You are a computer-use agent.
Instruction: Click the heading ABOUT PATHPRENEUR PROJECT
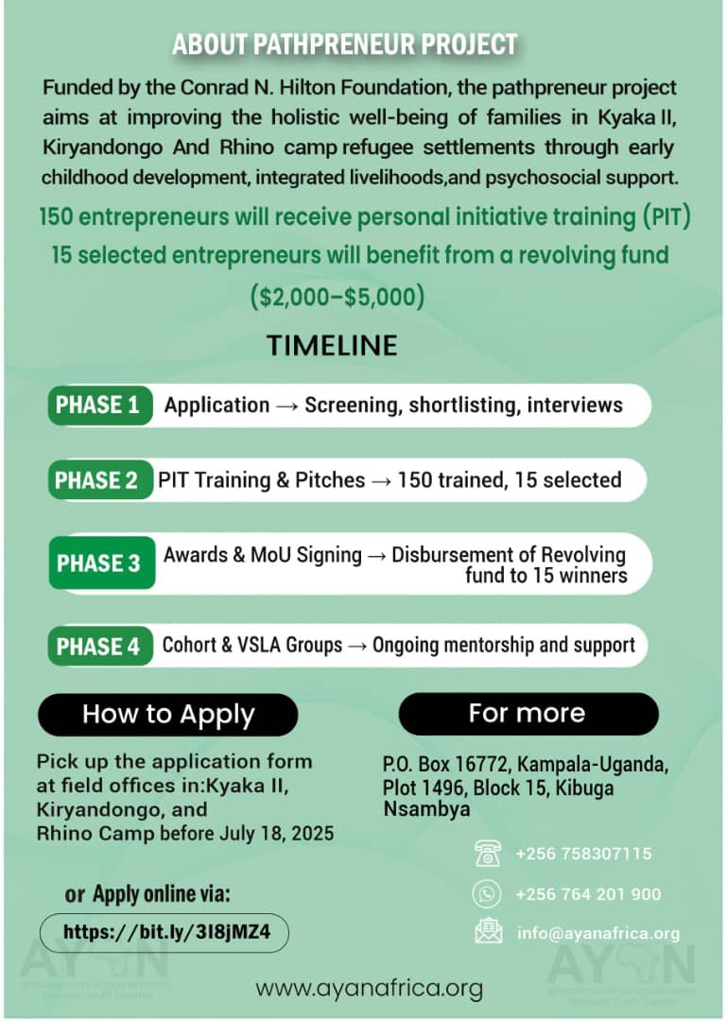pyautogui.click(x=344, y=44)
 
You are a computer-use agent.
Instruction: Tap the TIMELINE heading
pyautogui.click(x=332, y=346)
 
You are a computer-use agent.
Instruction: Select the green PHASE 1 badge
pyautogui.click(x=98, y=406)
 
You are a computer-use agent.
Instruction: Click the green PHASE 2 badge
pyautogui.click(x=97, y=480)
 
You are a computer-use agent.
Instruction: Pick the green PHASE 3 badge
pyautogui.click(x=99, y=563)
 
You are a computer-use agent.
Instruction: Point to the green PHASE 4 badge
pyautogui.click(x=98, y=647)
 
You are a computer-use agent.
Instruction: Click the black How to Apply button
pyautogui.click(x=168, y=714)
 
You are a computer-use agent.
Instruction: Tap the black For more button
pyautogui.click(x=528, y=713)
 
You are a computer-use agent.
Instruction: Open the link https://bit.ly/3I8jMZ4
pyautogui.click(x=166, y=931)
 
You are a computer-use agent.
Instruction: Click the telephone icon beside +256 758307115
pyautogui.click(x=488, y=854)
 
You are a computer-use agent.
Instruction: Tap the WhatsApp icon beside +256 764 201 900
pyautogui.click(x=488, y=893)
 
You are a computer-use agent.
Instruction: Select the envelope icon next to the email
pyautogui.click(x=488, y=933)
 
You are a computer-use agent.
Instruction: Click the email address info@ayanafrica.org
pyautogui.click(x=597, y=934)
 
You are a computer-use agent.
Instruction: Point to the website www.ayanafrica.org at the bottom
pyautogui.click(x=369, y=989)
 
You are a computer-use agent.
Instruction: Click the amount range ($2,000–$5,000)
pyautogui.click(x=338, y=297)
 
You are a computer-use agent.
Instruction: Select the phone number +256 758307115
pyautogui.click(x=583, y=854)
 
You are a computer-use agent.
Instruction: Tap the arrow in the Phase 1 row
pyautogui.click(x=286, y=406)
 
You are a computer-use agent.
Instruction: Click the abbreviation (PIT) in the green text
pyautogui.click(x=667, y=216)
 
